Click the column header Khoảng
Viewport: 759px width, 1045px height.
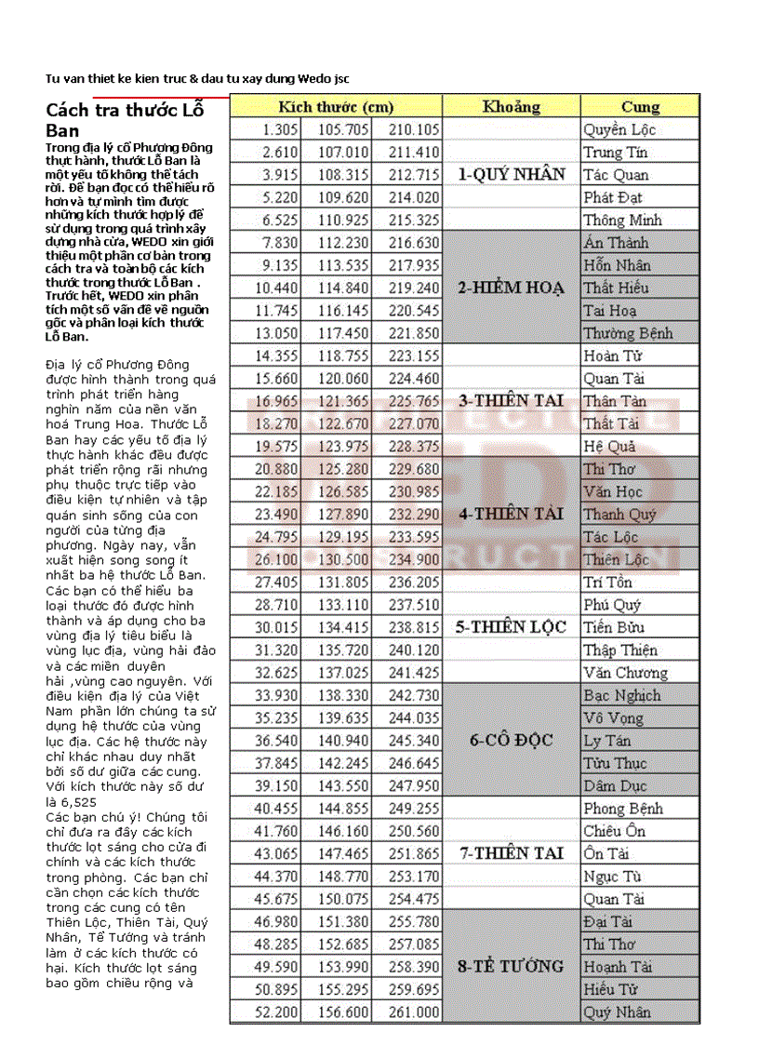tap(511, 107)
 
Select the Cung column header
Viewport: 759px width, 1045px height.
tap(640, 107)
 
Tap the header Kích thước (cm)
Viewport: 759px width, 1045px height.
tap(336, 107)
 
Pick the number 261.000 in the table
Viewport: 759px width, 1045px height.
tap(414, 1012)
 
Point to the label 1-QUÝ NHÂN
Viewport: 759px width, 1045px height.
tap(511, 174)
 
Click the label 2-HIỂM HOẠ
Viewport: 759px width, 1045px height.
tap(511, 288)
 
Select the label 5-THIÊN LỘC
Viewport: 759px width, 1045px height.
tap(511, 627)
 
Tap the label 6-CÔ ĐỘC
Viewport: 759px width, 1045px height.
tap(511, 741)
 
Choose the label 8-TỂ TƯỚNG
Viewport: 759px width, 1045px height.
tap(511, 967)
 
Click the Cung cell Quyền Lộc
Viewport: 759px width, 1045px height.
tap(619, 130)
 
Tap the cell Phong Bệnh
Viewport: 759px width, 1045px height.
tap(623, 809)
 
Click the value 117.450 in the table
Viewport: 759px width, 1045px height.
tap(343, 333)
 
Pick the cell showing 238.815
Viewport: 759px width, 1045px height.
tap(414, 627)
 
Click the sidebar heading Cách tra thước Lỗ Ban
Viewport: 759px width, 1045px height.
tap(124, 120)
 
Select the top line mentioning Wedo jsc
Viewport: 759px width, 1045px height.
tap(197, 78)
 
